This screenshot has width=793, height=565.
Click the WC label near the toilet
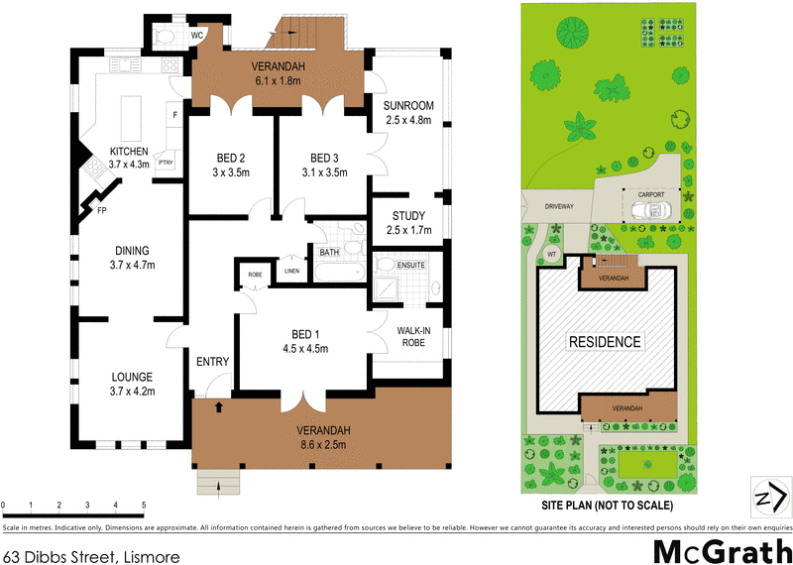point(196,34)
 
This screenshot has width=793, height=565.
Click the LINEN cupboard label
point(290,270)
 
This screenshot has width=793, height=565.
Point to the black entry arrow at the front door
point(219,405)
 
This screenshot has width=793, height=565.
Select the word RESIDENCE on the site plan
point(605,342)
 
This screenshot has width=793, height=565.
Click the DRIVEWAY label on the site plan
point(558,206)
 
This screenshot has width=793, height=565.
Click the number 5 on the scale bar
point(144,507)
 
